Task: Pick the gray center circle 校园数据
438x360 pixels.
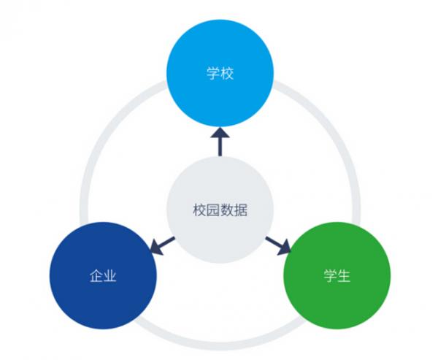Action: (220, 211)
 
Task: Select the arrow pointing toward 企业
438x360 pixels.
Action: (161, 245)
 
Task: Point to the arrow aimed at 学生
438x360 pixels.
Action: (278, 245)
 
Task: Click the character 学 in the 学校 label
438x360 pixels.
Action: (212, 74)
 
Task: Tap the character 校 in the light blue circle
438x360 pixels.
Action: (227, 74)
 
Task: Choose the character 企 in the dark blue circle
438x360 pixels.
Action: (96, 277)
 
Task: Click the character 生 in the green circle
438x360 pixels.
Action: (344, 277)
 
